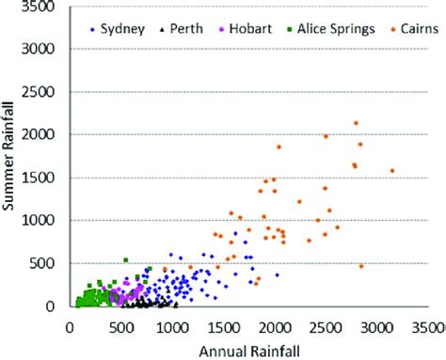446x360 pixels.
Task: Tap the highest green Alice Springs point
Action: click(x=125, y=260)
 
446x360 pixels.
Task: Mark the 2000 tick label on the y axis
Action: click(x=42, y=134)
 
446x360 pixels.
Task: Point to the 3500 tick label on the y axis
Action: click(x=42, y=7)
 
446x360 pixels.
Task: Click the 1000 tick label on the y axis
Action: click(x=42, y=221)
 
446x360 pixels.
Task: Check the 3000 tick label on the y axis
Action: click(x=42, y=49)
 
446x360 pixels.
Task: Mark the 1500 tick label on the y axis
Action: click(x=42, y=178)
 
